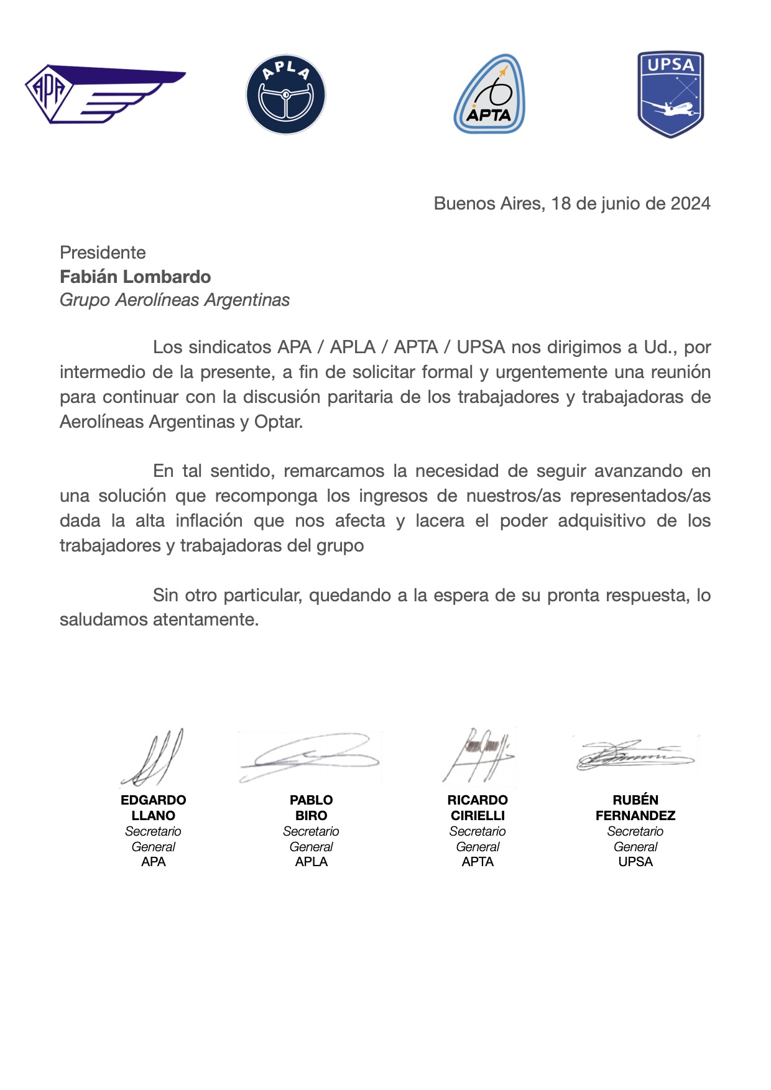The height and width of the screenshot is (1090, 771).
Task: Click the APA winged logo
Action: point(104,93)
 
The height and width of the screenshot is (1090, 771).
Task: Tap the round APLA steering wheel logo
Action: point(286,95)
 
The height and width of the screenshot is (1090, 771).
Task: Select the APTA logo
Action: point(489,95)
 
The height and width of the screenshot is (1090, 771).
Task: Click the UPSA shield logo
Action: point(670,94)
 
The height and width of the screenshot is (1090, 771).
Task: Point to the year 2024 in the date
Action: point(690,204)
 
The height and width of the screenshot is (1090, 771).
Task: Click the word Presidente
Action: point(103,252)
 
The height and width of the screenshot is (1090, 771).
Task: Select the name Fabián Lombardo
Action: point(135,277)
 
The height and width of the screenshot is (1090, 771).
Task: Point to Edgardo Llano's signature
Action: point(152,757)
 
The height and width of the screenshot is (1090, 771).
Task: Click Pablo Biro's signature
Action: point(310,757)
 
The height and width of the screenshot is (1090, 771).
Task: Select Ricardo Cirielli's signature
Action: point(478,755)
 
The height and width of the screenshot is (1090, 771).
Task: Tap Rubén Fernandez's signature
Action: point(635,755)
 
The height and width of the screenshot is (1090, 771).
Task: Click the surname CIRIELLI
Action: point(478,815)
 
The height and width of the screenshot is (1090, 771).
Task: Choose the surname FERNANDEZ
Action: point(635,815)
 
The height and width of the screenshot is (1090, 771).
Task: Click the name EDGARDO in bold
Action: point(154,800)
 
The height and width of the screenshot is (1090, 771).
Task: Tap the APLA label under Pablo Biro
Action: point(311,862)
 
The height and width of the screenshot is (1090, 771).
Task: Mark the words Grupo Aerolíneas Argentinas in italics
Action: point(175,300)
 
